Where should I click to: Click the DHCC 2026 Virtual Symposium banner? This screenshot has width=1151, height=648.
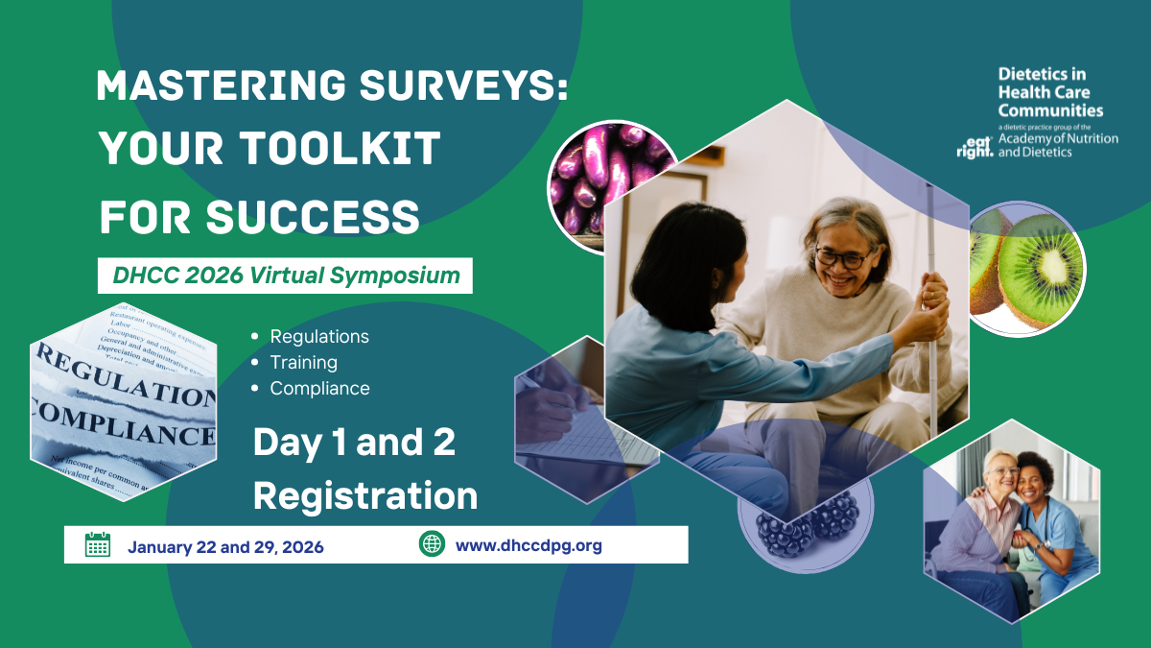pos(286,276)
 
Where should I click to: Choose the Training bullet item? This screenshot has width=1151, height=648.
pos(303,363)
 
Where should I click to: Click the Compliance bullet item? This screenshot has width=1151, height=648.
pos(319,389)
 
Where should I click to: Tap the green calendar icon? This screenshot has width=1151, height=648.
pos(97,544)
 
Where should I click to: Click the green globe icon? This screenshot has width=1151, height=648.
pos(432,544)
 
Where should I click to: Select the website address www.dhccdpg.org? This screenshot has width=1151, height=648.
pos(529,546)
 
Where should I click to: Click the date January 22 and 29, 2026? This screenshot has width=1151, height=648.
pos(225,547)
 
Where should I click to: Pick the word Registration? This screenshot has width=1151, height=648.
pos(364,496)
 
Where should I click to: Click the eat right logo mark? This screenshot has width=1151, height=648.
pos(975,147)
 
